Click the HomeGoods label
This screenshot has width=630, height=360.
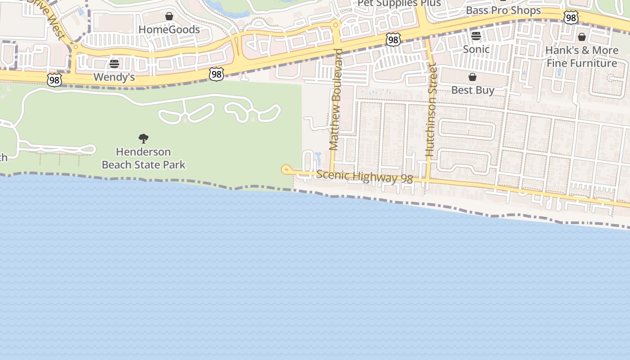point(169,30)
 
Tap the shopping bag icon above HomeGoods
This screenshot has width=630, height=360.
point(169,17)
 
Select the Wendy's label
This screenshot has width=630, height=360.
point(114,77)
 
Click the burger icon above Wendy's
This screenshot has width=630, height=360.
point(114,64)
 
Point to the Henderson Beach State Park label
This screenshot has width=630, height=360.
point(144,158)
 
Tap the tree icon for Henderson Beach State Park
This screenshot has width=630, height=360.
point(144,138)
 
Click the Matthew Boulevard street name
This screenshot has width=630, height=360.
point(336,99)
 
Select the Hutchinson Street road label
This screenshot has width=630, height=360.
point(431,110)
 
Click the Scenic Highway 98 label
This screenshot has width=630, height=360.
point(364,177)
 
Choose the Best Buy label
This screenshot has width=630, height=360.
point(472,90)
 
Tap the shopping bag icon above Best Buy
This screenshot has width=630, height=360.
point(472,77)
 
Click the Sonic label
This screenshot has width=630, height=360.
point(476,49)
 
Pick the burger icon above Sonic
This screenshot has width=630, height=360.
point(476,36)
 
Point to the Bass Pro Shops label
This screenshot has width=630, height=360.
point(503,10)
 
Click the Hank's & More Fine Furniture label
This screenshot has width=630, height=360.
point(582,57)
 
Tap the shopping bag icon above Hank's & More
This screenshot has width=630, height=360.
point(582,37)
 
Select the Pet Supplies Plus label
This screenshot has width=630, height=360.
point(399,3)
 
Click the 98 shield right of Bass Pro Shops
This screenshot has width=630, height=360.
point(571,18)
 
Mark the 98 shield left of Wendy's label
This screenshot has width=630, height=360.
point(54,80)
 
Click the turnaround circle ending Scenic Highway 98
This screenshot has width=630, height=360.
point(285,169)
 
